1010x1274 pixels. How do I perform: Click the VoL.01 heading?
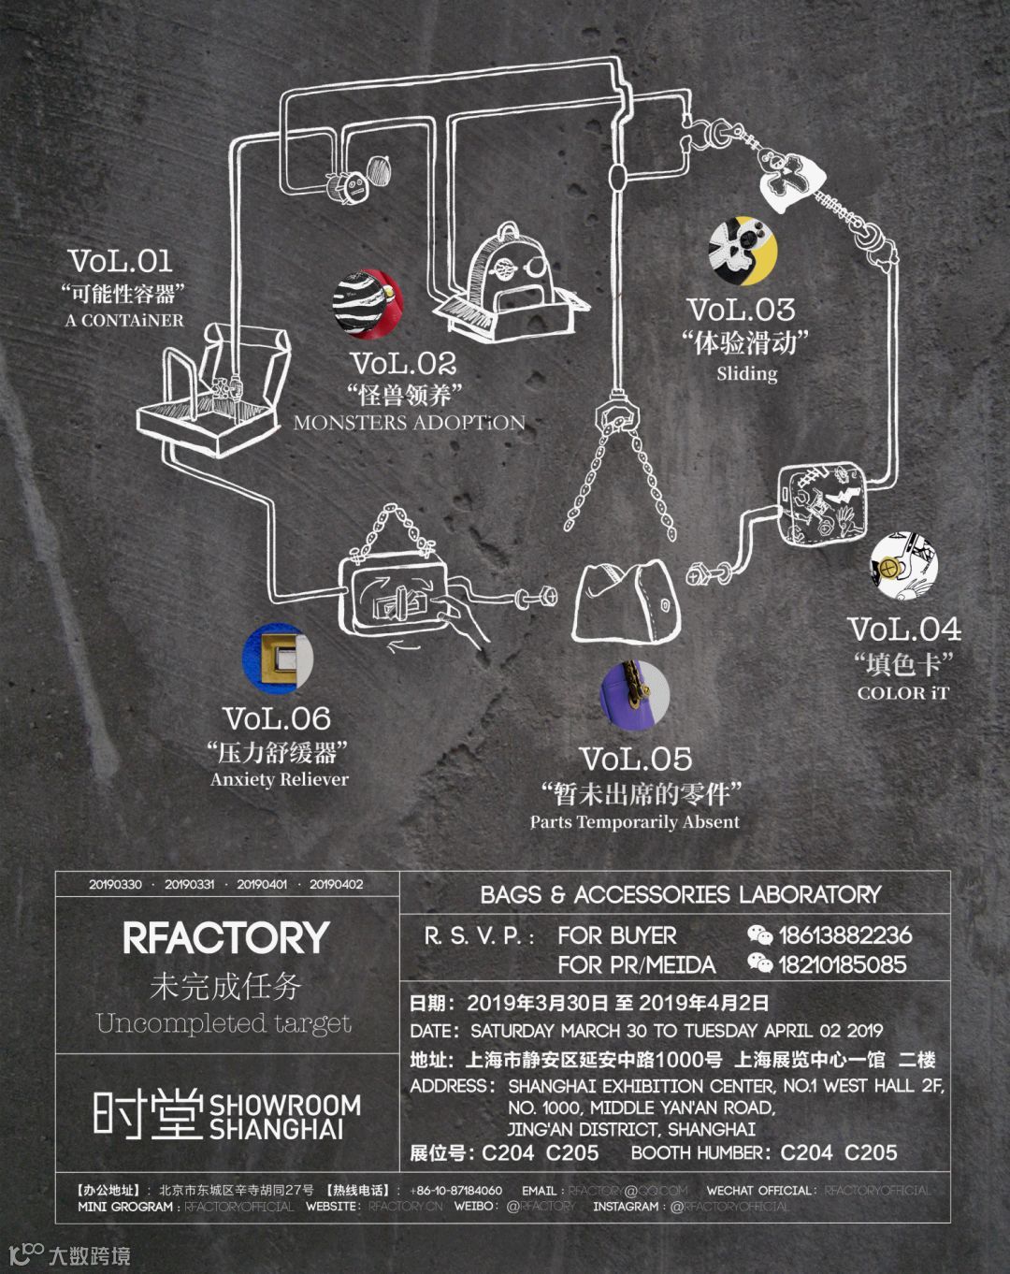pos(121,260)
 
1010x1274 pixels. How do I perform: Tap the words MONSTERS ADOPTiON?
pos(409,422)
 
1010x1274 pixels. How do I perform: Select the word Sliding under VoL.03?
pos(747,373)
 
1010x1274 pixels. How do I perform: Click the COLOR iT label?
pos(902,693)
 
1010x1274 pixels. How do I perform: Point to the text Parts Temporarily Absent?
pos(634,822)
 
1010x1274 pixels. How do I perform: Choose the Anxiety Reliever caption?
pos(279,779)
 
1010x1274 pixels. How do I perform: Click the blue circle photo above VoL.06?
pos(277,659)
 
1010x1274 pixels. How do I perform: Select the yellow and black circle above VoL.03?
pos(743,251)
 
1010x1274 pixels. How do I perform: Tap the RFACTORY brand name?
pos(226,937)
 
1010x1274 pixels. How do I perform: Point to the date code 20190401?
pos(262,884)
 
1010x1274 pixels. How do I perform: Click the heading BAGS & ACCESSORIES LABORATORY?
pos(680,894)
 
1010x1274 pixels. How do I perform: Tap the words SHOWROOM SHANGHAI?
pos(285,1117)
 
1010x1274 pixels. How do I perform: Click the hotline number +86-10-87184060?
pos(455,1191)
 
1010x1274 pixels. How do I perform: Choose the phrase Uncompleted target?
pos(224,1022)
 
